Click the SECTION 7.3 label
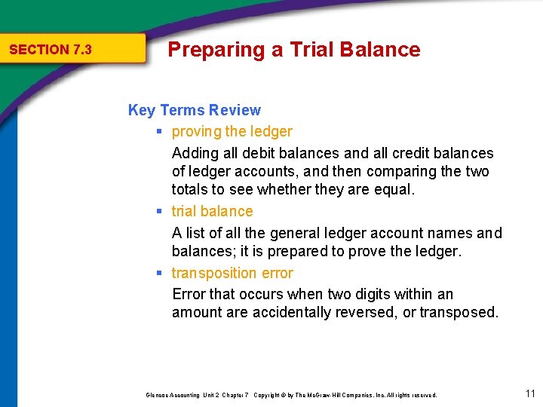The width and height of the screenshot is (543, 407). point(50,50)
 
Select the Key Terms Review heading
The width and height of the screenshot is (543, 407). point(195,110)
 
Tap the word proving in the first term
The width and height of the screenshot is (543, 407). point(197,132)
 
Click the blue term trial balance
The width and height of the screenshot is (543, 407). point(212,212)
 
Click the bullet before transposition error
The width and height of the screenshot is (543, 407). point(160,273)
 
